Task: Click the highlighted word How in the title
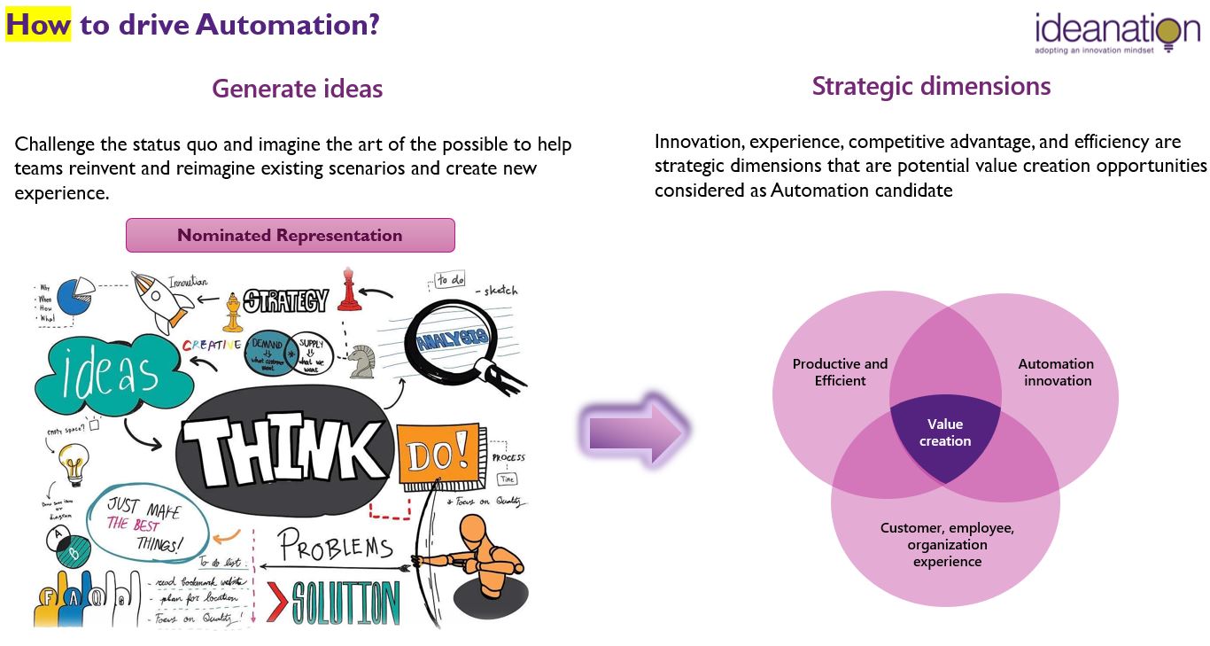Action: (x=38, y=24)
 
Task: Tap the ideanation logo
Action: (x=1117, y=35)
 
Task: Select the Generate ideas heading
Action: (x=297, y=89)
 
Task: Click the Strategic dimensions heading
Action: (x=931, y=86)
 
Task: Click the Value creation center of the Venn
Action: (x=945, y=433)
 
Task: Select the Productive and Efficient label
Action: (x=840, y=372)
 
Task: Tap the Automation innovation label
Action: (x=1056, y=372)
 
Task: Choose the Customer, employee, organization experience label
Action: (x=947, y=544)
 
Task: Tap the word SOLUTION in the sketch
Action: (x=345, y=603)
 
